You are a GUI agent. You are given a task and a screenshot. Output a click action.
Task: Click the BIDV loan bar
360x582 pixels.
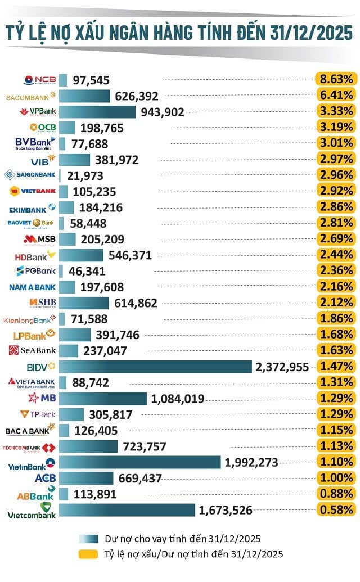[155, 367]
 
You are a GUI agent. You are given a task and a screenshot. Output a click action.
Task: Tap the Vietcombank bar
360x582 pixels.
[128, 510]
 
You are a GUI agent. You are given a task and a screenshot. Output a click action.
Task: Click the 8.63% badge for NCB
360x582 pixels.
[336, 79]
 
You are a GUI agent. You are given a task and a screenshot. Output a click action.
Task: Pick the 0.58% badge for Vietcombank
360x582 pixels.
[336, 510]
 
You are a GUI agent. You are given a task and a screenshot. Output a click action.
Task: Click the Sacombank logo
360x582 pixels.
[30, 96]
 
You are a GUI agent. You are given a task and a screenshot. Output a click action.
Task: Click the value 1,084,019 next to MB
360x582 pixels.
[178, 399]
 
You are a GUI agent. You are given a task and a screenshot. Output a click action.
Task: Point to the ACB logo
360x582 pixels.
[43, 478]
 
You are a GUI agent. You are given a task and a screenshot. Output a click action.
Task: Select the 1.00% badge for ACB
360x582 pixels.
[336, 478]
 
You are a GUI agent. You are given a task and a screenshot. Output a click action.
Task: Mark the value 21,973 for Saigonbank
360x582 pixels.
[86, 176]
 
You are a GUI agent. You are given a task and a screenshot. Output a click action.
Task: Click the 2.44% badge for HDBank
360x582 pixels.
[336, 255]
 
